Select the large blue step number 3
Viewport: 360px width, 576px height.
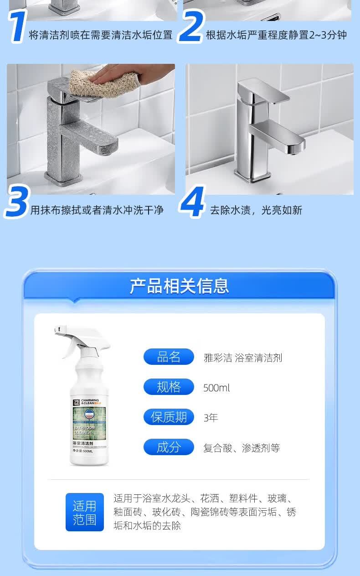click(17, 202)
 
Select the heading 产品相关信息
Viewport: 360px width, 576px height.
click(179, 286)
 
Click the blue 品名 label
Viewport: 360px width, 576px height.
click(169, 357)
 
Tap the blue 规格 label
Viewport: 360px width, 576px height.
click(169, 387)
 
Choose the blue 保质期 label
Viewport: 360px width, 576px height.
click(169, 417)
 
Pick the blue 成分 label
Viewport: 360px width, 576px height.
click(169, 447)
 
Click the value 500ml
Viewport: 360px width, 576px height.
click(216, 388)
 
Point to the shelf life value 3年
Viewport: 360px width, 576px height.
click(211, 418)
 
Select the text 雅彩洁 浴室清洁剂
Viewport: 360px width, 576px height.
click(243, 358)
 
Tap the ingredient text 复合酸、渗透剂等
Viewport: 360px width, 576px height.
click(242, 448)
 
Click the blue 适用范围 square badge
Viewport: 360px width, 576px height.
click(85, 512)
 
